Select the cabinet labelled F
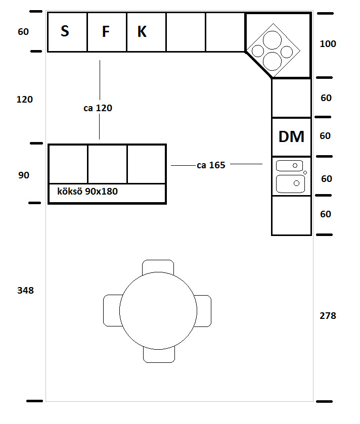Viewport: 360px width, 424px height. click(x=107, y=32)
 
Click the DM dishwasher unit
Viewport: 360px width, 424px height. click(x=291, y=137)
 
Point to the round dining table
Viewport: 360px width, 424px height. click(x=158, y=311)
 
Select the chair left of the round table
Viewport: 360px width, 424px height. click(x=111, y=311)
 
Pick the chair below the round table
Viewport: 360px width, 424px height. click(x=158, y=355)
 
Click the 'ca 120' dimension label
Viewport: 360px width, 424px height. click(x=98, y=108)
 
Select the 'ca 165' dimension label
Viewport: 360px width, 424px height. click(x=211, y=165)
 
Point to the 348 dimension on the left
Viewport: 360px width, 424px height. click(x=25, y=291)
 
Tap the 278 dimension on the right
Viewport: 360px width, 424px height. click(x=328, y=316)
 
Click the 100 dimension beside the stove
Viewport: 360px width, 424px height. click(x=328, y=44)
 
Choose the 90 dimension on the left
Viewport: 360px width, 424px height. click(x=24, y=175)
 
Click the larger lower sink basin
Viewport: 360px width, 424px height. click(x=290, y=183)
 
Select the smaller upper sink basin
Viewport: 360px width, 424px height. click(x=289, y=166)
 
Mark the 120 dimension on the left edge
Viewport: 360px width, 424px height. click(x=24, y=100)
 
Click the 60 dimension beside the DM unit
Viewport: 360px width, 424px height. click(x=326, y=136)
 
